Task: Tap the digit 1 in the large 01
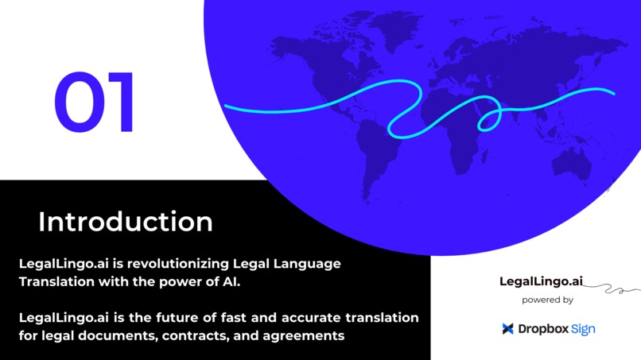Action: pos(120,103)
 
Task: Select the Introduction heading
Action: pos(125,222)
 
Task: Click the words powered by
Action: pos(547,300)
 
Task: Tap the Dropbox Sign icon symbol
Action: pos(507,328)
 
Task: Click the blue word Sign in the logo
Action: pos(583,328)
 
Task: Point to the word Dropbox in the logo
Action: pos(542,328)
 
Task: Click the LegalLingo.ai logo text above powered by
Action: pos(541,281)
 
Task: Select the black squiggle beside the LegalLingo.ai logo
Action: pos(612,288)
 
